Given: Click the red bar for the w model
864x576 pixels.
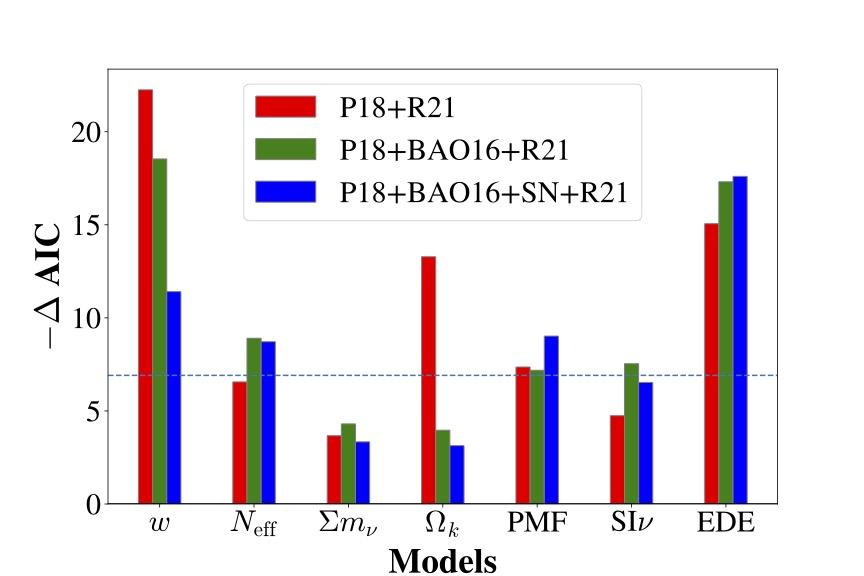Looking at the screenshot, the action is tap(145, 297).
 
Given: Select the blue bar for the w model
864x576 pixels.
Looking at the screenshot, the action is tap(174, 397).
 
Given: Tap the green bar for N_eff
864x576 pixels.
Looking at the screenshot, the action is tap(254, 421).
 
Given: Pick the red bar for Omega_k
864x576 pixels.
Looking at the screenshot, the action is tap(429, 380).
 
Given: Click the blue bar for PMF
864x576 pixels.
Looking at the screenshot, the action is tap(552, 419).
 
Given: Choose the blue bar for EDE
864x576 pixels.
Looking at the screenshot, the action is tap(740, 340).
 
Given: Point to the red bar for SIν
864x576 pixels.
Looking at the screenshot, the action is tap(617, 459).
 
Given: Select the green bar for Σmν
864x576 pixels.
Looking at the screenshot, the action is tap(348, 464).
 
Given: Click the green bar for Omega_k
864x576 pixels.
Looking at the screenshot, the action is tap(442, 467).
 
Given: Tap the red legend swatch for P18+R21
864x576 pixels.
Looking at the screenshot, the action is tap(285, 106).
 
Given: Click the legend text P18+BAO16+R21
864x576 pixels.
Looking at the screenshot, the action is tap(453, 150).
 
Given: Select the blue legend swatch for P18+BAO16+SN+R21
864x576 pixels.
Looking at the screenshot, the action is tap(285, 192).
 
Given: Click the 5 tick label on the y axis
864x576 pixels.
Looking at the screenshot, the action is tap(94, 411).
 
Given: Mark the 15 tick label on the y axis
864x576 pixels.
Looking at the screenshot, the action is tap(87, 225).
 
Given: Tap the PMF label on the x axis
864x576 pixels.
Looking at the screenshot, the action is tap(537, 522).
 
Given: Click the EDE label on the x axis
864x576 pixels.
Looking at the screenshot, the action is tap(726, 522).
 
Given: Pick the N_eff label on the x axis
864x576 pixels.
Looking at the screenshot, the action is tap(253, 524).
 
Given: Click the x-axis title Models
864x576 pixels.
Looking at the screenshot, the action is tap(442, 562).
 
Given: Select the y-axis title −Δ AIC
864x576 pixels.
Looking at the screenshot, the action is tap(48, 286).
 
